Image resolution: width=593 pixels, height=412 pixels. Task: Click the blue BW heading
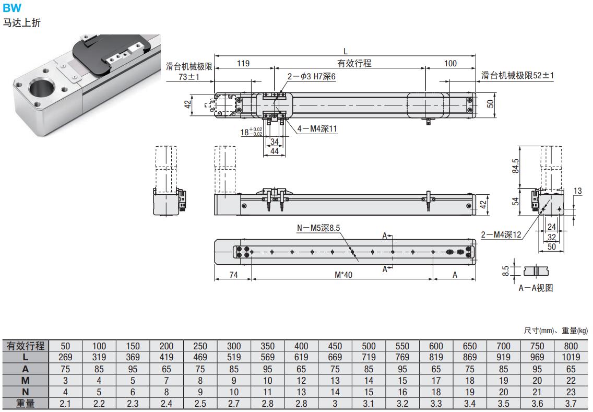click(12, 7)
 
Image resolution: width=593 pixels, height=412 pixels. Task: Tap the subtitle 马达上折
click(21, 22)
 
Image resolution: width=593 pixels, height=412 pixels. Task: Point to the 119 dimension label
click(243, 63)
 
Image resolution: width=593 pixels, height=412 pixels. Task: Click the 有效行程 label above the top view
click(354, 63)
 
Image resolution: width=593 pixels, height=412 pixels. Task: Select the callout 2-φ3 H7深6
click(311, 76)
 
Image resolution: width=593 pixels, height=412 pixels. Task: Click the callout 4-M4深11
click(317, 128)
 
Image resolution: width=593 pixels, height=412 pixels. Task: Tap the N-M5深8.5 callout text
click(318, 228)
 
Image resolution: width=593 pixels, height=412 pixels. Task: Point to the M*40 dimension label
click(343, 275)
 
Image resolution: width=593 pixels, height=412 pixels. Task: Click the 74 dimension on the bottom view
click(234, 275)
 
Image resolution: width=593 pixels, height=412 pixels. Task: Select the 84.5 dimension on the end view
click(515, 166)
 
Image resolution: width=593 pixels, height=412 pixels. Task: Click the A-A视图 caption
click(536, 288)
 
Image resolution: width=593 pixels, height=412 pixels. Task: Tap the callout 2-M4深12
click(501, 234)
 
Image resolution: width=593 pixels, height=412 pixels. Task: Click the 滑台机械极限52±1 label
click(517, 75)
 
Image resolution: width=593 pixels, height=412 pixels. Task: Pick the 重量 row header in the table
click(26, 403)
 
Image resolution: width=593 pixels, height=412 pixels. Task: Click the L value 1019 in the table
click(571, 357)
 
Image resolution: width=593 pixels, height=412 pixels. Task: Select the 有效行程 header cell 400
click(301, 346)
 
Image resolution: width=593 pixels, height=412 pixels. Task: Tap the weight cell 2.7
click(234, 403)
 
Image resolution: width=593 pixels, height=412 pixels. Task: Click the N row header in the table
click(26, 392)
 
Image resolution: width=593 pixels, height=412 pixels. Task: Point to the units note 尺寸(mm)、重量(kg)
click(556, 331)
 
